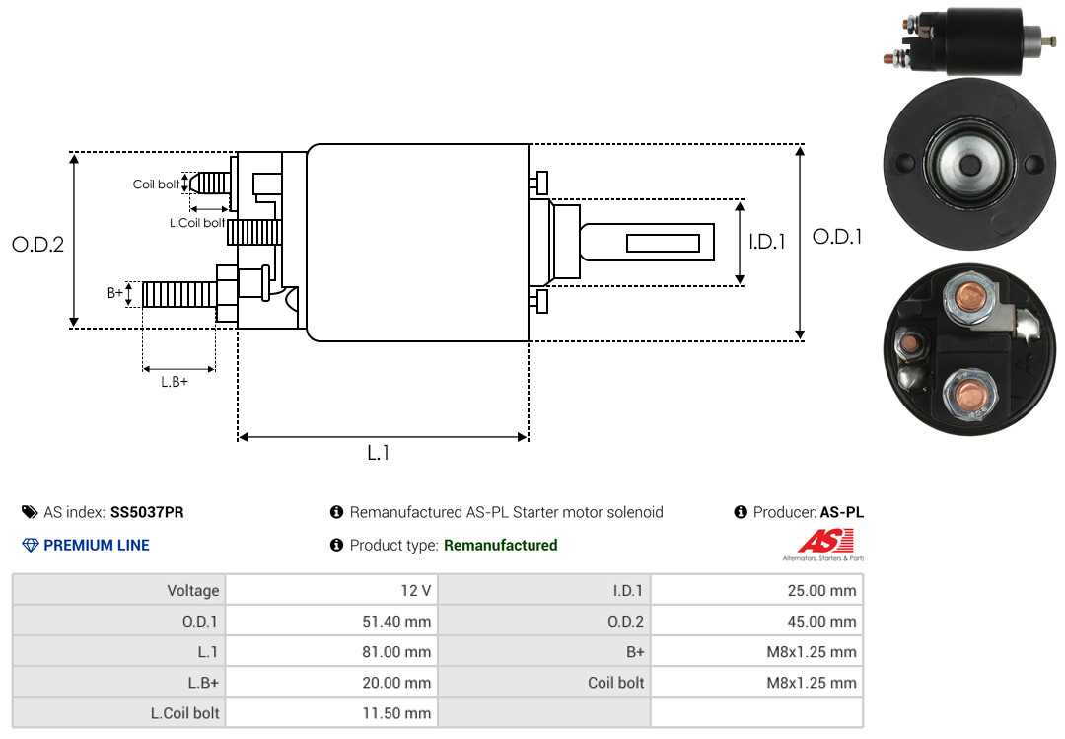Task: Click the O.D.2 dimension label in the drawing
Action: (x=38, y=244)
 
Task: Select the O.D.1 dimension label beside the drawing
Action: (x=837, y=237)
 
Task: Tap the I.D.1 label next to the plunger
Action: (x=767, y=242)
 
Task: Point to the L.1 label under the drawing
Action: (x=379, y=453)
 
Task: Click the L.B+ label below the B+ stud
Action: (x=175, y=382)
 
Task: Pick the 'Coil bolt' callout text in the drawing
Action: (x=156, y=185)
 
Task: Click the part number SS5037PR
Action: (x=147, y=512)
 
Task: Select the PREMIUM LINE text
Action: (x=97, y=545)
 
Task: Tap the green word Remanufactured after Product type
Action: (x=501, y=545)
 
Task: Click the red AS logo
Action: (x=826, y=541)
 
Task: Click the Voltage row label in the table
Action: (x=193, y=590)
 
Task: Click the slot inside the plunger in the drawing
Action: (x=663, y=243)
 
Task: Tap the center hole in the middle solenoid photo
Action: (x=970, y=165)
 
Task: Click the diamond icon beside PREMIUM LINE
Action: (x=31, y=545)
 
